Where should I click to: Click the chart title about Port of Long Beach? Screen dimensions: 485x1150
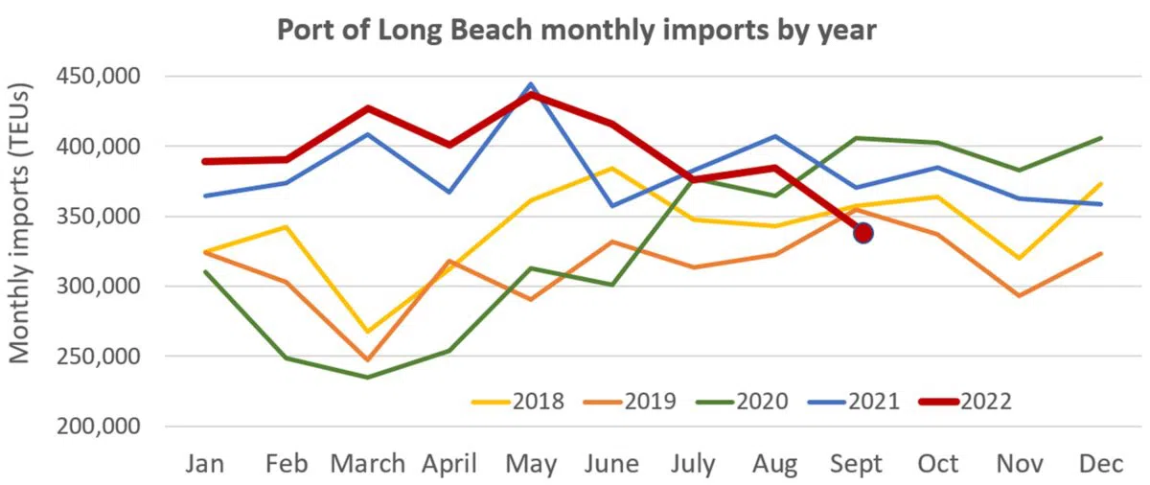tap(576, 29)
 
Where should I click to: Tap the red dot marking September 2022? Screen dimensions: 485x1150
tap(862, 233)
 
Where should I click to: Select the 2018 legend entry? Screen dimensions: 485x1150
tap(517, 401)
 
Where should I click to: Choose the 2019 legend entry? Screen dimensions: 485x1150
tap(630, 401)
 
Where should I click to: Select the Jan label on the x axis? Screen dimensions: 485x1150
tap(204, 464)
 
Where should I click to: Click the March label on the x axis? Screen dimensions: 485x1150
tap(368, 464)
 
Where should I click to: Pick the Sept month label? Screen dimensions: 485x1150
tap(857, 464)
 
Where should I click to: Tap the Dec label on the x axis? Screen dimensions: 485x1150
tap(1102, 464)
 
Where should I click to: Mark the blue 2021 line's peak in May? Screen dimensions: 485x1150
tap(532, 84)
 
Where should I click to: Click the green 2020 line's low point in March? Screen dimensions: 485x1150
tap(368, 377)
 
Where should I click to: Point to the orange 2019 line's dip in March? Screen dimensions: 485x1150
tap(368, 360)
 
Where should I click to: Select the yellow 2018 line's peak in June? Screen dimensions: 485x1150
tap(613, 169)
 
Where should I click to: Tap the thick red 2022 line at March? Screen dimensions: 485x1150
tap(368, 108)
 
